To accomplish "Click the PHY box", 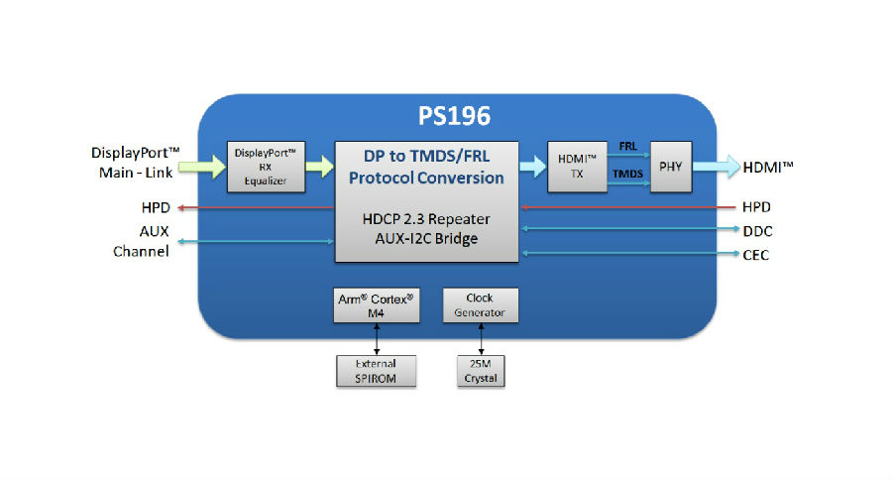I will (x=670, y=166).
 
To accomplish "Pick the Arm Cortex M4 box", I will (x=377, y=305).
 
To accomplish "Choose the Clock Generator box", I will (x=480, y=305).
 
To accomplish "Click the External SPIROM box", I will (x=377, y=371).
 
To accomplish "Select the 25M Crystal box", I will (x=481, y=371).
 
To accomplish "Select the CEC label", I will (x=755, y=255).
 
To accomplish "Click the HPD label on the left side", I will (x=157, y=208).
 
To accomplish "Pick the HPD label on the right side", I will (x=756, y=207).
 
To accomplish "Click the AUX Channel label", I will (x=141, y=241).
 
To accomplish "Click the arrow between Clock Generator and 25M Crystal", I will (x=481, y=338).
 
